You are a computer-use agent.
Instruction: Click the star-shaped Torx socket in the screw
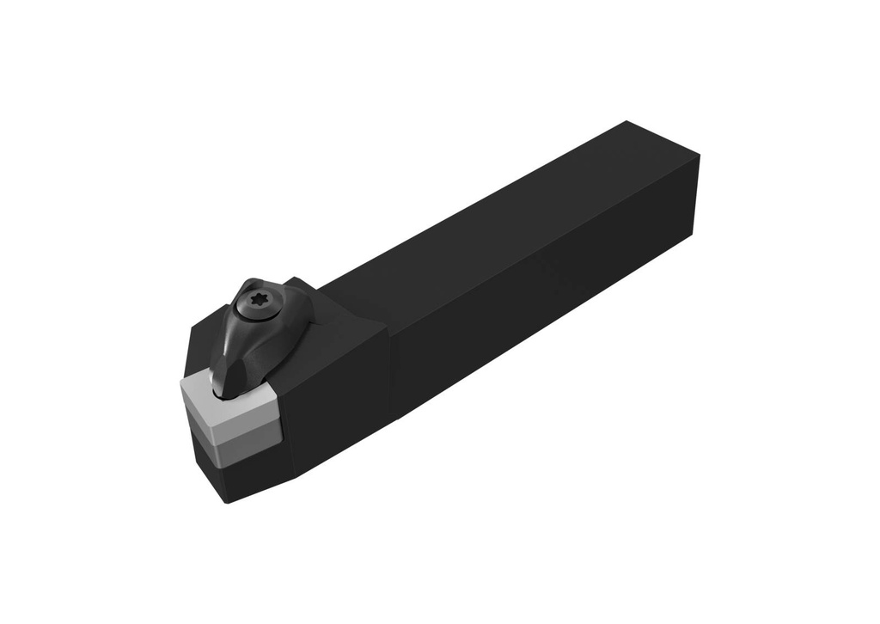(258, 300)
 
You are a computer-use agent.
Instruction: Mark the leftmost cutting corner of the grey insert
(181, 384)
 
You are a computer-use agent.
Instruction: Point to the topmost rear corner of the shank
(627, 122)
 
